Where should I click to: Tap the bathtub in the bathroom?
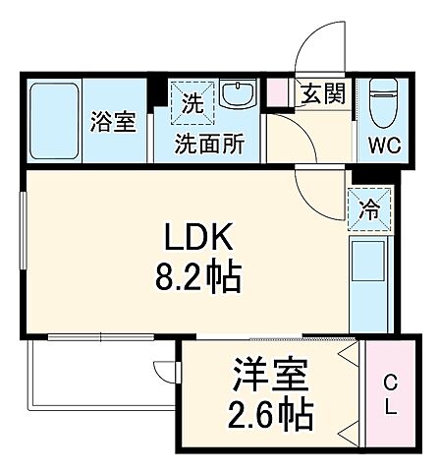[57, 121]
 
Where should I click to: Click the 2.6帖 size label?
[271, 415]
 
